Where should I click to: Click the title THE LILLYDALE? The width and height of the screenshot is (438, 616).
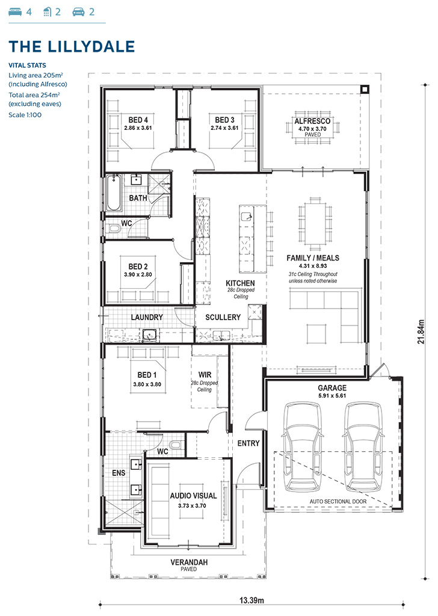coord(72,46)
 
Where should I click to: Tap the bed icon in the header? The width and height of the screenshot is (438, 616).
coord(15,12)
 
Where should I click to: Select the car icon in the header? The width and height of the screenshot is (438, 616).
coord(79,12)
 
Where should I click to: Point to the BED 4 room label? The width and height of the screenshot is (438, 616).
coord(138,120)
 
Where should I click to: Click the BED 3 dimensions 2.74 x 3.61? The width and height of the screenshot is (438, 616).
coord(224,128)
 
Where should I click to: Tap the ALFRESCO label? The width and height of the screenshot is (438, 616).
coord(312,122)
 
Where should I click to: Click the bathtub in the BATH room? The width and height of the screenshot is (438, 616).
coord(114,193)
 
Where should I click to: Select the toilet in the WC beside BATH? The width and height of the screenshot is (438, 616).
coord(113,228)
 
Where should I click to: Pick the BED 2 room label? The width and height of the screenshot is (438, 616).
coord(138,266)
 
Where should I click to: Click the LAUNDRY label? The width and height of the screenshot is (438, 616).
coord(147,317)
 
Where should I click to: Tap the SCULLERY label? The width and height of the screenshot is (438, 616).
coord(223,317)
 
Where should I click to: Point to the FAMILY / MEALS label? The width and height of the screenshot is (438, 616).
coord(313,258)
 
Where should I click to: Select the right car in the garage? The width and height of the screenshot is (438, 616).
coord(363,447)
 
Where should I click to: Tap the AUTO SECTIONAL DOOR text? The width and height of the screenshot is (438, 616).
coord(338,501)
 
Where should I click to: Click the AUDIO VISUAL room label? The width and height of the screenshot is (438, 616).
coord(193,496)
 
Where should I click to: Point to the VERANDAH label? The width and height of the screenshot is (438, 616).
coord(189,562)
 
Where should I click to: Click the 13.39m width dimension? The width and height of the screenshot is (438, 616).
coord(251,600)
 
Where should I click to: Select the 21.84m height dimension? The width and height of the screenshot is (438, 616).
coord(421,332)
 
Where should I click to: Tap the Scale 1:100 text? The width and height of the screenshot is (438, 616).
coord(25,115)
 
